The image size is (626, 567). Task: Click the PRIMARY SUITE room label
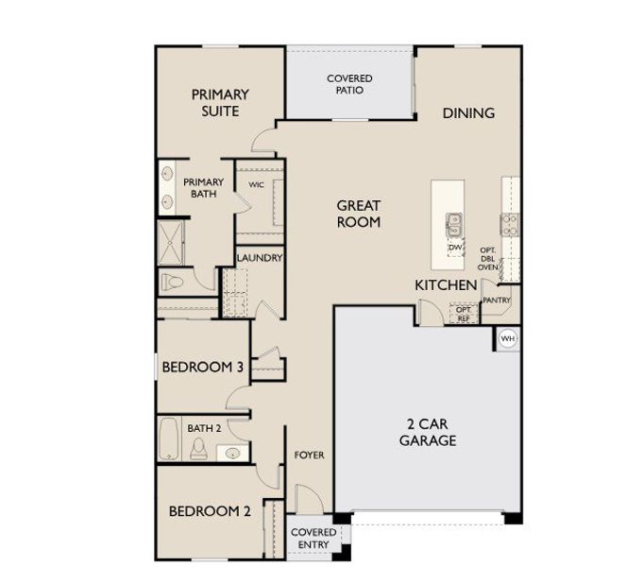click(x=220, y=103)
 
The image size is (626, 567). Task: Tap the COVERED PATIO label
click(x=349, y=84)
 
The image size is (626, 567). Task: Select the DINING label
click(x=468, y=113)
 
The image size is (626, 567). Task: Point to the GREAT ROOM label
click(x=359, y=214)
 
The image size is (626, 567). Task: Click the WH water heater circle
click(x=508, y=338)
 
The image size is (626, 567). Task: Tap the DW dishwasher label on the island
click(x=454, y=247)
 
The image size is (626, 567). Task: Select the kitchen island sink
click(x=454, y=224)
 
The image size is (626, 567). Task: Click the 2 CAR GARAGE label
click(x=427, y=433)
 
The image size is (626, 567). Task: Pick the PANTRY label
click(x=496, y=301)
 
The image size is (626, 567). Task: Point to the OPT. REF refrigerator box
click(x=463, y=314)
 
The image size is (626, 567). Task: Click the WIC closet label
click(x=256, y=185)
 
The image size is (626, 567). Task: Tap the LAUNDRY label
click(x=260, y=258)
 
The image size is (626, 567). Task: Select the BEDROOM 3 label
click(x=202, y=367)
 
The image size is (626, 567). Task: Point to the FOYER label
click(x=309, y=455)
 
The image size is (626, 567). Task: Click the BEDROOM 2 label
click(x=210, y=511)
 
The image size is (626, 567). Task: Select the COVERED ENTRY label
click(x=313, y=538)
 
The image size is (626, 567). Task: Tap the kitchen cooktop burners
click(x=510, y=224)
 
